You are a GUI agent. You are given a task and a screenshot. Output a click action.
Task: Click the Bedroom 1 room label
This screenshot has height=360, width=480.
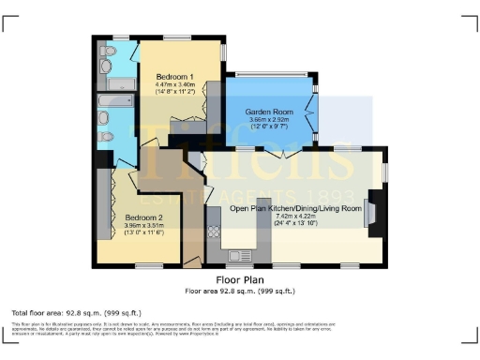click(x=174, y=76)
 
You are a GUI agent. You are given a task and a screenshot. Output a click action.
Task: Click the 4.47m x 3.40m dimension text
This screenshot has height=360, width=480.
click(x=174, y=84)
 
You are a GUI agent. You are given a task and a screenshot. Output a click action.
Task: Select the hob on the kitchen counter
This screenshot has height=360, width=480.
click(x=214, y=231)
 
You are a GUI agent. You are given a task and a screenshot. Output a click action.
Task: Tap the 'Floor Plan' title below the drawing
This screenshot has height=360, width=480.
click(x=240, y=279)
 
